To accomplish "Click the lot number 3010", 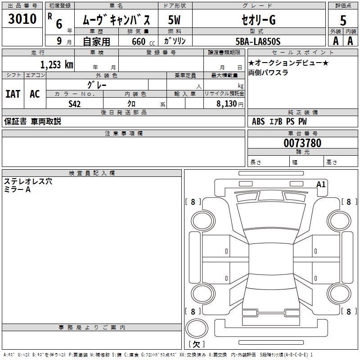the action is [22, 19].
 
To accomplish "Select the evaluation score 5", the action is [343, 21].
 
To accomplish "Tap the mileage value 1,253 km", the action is [57, 64].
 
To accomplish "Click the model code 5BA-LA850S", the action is [258, 41].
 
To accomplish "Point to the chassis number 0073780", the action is [302, 144].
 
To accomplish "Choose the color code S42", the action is [75, 104].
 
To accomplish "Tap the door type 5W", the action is [175, 21].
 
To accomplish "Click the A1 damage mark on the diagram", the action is [321, 184].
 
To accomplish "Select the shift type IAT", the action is [13, 94].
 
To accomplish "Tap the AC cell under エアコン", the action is [35, 94].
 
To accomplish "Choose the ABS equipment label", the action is [258, 121].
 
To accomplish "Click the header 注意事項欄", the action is [124, 134].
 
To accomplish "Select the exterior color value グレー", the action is [97, 84].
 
